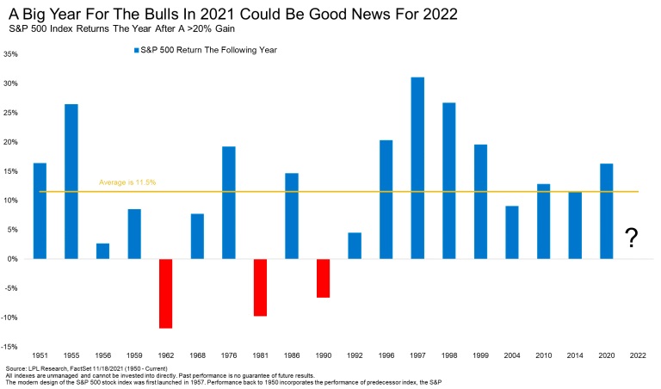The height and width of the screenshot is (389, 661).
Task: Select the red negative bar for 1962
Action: point(165,293)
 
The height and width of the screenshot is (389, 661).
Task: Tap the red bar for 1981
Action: point(260,287)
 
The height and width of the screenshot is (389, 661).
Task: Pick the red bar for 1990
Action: point(323,278)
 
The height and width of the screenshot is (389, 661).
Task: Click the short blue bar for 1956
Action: point(102,250)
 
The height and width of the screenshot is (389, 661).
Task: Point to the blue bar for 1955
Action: point(71,181)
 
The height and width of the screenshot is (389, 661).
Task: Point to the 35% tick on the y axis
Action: point(12,53)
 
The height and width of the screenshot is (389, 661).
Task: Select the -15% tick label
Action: point(11,347)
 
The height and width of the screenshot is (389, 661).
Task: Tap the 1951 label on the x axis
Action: point(40,355)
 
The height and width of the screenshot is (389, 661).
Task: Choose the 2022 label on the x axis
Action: point(638,355)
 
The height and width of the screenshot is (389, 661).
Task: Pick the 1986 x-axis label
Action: point(292,355)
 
